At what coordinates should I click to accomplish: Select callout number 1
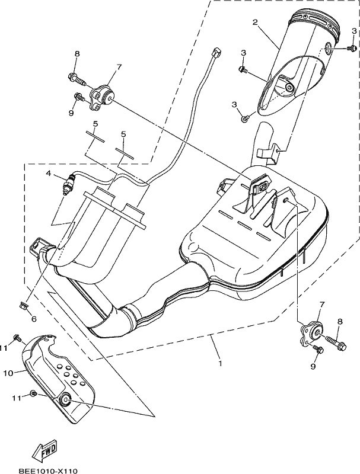(x=220, y=363)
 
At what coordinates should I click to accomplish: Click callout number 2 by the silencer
(x=256, y=22)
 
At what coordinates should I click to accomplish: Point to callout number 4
(x=49, y=173)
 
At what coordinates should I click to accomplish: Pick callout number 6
(x=34, y=319)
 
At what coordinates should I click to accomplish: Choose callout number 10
(x=9, y=373)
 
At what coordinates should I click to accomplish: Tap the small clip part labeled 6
(x=24, y=305)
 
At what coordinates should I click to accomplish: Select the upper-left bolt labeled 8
(x=76, y=78)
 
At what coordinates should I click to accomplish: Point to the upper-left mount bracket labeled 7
(x=102, y=97)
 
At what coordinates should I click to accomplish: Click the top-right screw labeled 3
(x=352, y=48)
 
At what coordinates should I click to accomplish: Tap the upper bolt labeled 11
(x=17, y=337)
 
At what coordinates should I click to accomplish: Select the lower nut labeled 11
(x=34, y=393)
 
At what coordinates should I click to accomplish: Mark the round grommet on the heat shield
(x=65, y=399)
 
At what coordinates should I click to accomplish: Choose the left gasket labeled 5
(x=95, y=136)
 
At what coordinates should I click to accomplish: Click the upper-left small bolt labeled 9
(x=78, y=97)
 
